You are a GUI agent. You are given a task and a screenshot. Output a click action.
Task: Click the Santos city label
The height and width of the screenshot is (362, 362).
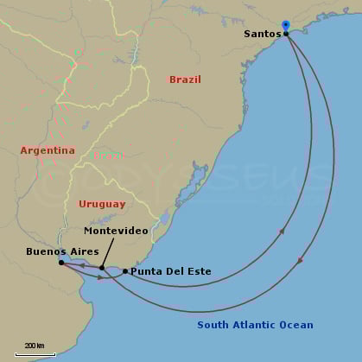pyautogui.click(x=262, y=34)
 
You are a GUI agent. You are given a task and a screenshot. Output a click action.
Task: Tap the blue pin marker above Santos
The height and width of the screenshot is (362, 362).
pyautogui.click(x=286, y=27)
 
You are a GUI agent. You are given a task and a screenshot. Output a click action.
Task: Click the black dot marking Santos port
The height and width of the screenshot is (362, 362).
pyautogui.click(x=286, y=34)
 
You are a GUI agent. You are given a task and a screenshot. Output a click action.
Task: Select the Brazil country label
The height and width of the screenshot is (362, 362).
pyautogui.click(x=185, y=79)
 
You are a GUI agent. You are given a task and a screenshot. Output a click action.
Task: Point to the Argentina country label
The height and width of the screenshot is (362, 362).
pyautogui.click(x=48, y=150)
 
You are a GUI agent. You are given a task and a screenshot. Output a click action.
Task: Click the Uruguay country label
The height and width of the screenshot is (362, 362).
pyautogui.click(x=102, y=205)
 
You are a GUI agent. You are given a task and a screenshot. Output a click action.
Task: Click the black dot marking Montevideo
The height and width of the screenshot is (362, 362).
pyautogui.click(x=102, y=268)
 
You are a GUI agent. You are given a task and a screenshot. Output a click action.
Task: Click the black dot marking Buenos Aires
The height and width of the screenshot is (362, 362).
pyautogui.click(x=61, y=262)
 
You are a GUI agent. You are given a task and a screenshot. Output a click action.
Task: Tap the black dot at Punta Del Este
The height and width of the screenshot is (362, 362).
pyautogui.click(x=125, y=271)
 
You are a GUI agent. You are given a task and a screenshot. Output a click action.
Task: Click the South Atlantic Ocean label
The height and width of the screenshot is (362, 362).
pyautogui.click(x=255, y=326)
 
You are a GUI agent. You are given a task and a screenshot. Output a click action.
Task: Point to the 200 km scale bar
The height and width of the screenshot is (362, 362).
pyautogui.click(x=35, y=354)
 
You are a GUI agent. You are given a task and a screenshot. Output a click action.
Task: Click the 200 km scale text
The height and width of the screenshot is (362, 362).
pyautogui.click(x=35, y=346)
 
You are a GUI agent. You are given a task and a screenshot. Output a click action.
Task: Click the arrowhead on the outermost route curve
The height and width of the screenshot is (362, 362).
pyautogui.click(x=300, y=259)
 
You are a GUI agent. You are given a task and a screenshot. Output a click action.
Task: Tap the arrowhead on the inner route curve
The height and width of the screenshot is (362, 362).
pyautogui.click(x=282, y=231)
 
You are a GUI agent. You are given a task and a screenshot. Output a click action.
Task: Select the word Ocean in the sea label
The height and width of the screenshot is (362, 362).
pyautogui.click(x=296, y=326)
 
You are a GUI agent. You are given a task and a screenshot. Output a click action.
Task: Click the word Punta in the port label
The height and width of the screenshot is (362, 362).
pyautogui.click(x=145, y=271)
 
